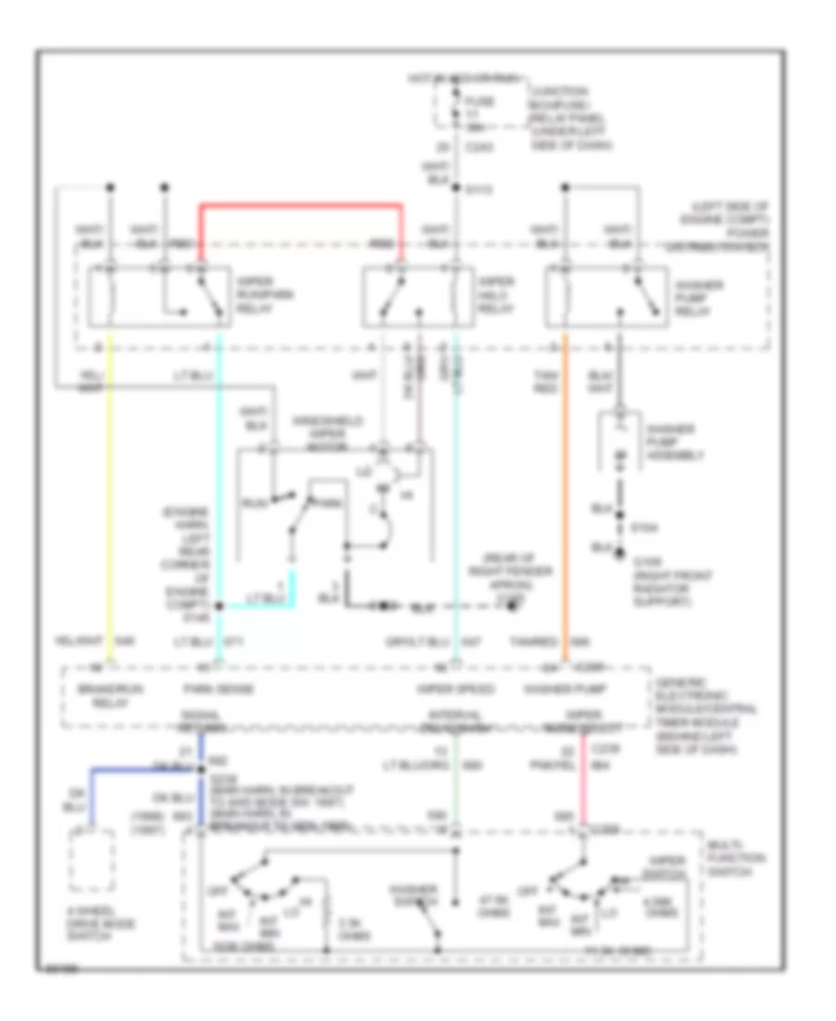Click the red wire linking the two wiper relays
pos(302,204)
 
